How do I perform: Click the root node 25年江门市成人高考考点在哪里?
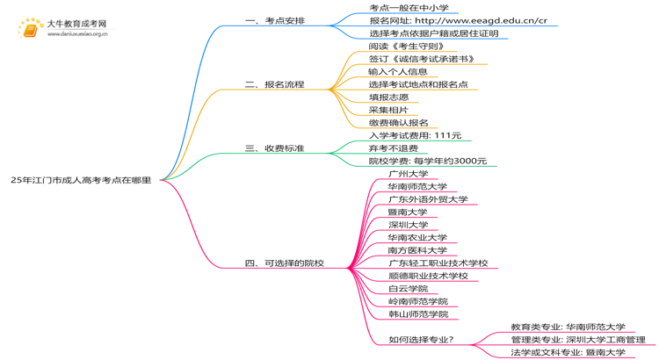(81, 180)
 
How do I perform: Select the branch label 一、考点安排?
(275, 20)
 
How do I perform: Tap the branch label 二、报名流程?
(275, 84)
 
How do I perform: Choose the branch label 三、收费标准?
(275, 148)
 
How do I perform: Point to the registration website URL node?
(457, 20)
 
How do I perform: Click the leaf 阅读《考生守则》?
(406, 46)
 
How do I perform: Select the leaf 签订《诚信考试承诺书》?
(421, 59)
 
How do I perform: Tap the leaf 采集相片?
(388, 110)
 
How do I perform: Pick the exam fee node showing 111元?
(415, 135)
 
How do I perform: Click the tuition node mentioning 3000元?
(427, 161)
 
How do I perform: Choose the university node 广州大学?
(408, 174)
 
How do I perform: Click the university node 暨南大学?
(408, 212)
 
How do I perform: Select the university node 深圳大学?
(408, 225)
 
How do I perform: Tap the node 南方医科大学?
(417, 250)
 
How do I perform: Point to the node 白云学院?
(408, 289)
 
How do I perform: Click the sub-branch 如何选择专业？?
(421, 340)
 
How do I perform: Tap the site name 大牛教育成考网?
(76, 25)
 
